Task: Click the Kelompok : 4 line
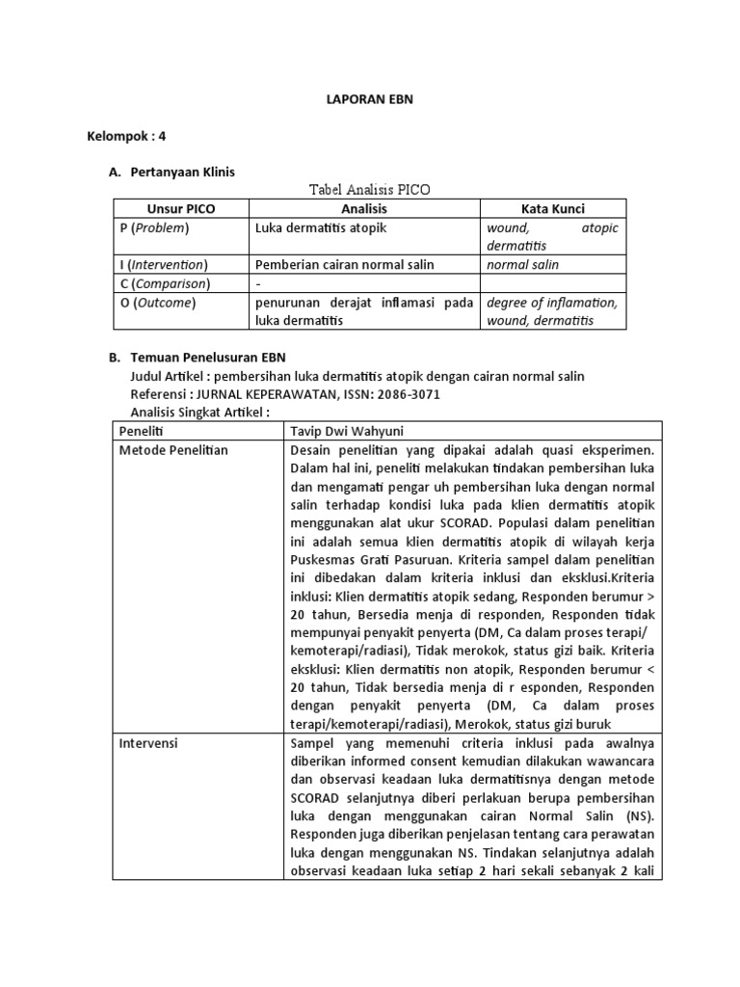pos(126,136)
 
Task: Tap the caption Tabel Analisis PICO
pos(369,190)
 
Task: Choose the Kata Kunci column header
pos(552,209)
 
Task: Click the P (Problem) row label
pos(154,228)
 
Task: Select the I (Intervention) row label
pos(163,265)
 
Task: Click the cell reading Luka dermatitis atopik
pos(321,228)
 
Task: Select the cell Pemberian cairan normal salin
pos(344,265)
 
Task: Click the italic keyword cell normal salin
pos(522,265)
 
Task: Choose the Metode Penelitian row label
pos(173,450)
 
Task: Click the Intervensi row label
pos(151,744)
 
